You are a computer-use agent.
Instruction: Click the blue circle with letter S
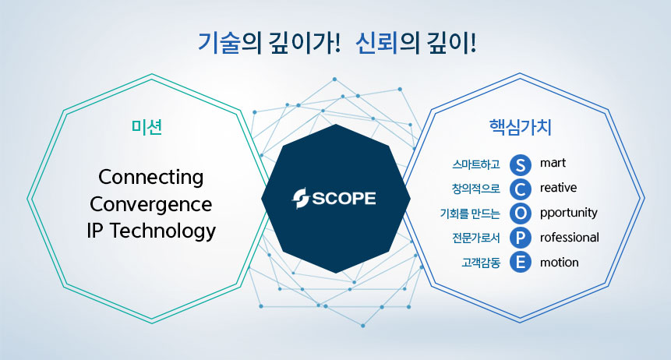pos(521,164)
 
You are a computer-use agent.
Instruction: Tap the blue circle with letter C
pos(521,189)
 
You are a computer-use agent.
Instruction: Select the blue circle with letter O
pos(521,214)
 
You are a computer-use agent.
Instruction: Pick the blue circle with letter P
pos(521,238)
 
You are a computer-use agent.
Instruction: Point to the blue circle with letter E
pos(521,262)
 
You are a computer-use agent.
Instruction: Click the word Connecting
pos(150,177)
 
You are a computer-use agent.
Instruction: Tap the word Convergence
pos(150,204)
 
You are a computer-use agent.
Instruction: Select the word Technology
pos(163,231)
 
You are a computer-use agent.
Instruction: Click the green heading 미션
pos(147,127)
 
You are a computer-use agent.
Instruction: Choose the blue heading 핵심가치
pos(521,127)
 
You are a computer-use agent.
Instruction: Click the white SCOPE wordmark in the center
pos(344,199)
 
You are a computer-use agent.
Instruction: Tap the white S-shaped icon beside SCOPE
pos(300,199)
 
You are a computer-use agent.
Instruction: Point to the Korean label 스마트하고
pos(476,164)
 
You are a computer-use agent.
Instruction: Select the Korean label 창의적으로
pos(476,189)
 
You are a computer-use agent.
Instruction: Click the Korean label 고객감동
pos(481,262)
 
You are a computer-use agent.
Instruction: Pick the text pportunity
pos(569,214)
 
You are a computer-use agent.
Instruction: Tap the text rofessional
pos(570,237)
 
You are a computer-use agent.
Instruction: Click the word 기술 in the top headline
pos(219,43)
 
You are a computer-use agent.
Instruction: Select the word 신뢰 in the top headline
pos(376,43)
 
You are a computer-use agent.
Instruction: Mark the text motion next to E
pos(560,262)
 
